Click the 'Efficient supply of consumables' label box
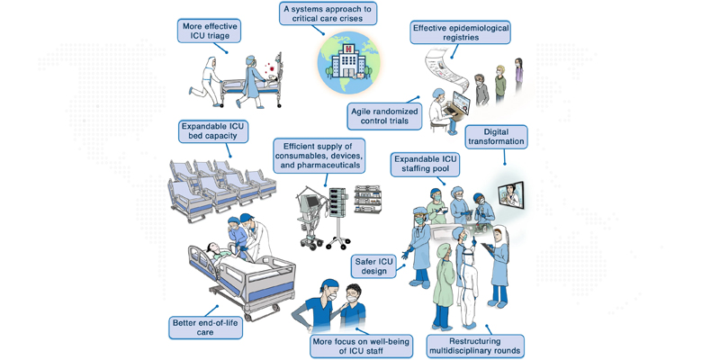pyautogui.click(x=321, y=155)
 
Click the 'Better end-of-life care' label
pyautogui.click(x=206, y=325)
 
